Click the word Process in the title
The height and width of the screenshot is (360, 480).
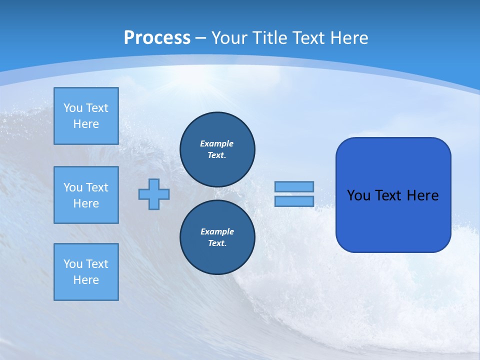[x=157, y=38]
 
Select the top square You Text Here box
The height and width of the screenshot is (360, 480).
[x=86, y=116]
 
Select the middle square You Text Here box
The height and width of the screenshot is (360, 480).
[x=86, y=195]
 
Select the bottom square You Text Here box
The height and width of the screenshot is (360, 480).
[x=86, y=272]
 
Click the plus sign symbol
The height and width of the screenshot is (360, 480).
[x=154, y=194]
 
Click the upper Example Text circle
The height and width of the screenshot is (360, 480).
[x=217, y=149]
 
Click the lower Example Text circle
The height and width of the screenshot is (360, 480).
[x=217, y=237]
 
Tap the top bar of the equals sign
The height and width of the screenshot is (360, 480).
[x=294, y=186]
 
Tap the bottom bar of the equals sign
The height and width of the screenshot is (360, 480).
[x=294, y=201]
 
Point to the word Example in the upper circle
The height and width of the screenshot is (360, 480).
[x=217, y=143]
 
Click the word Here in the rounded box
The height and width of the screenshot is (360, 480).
[x=422, y=195]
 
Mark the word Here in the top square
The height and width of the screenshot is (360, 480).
[x=86, y=124]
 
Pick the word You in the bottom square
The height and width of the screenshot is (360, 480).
[x=73, y=264]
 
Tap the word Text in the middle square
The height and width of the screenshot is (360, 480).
[x=97, y=187]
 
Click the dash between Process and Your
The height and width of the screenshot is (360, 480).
[x=201, y=38]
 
